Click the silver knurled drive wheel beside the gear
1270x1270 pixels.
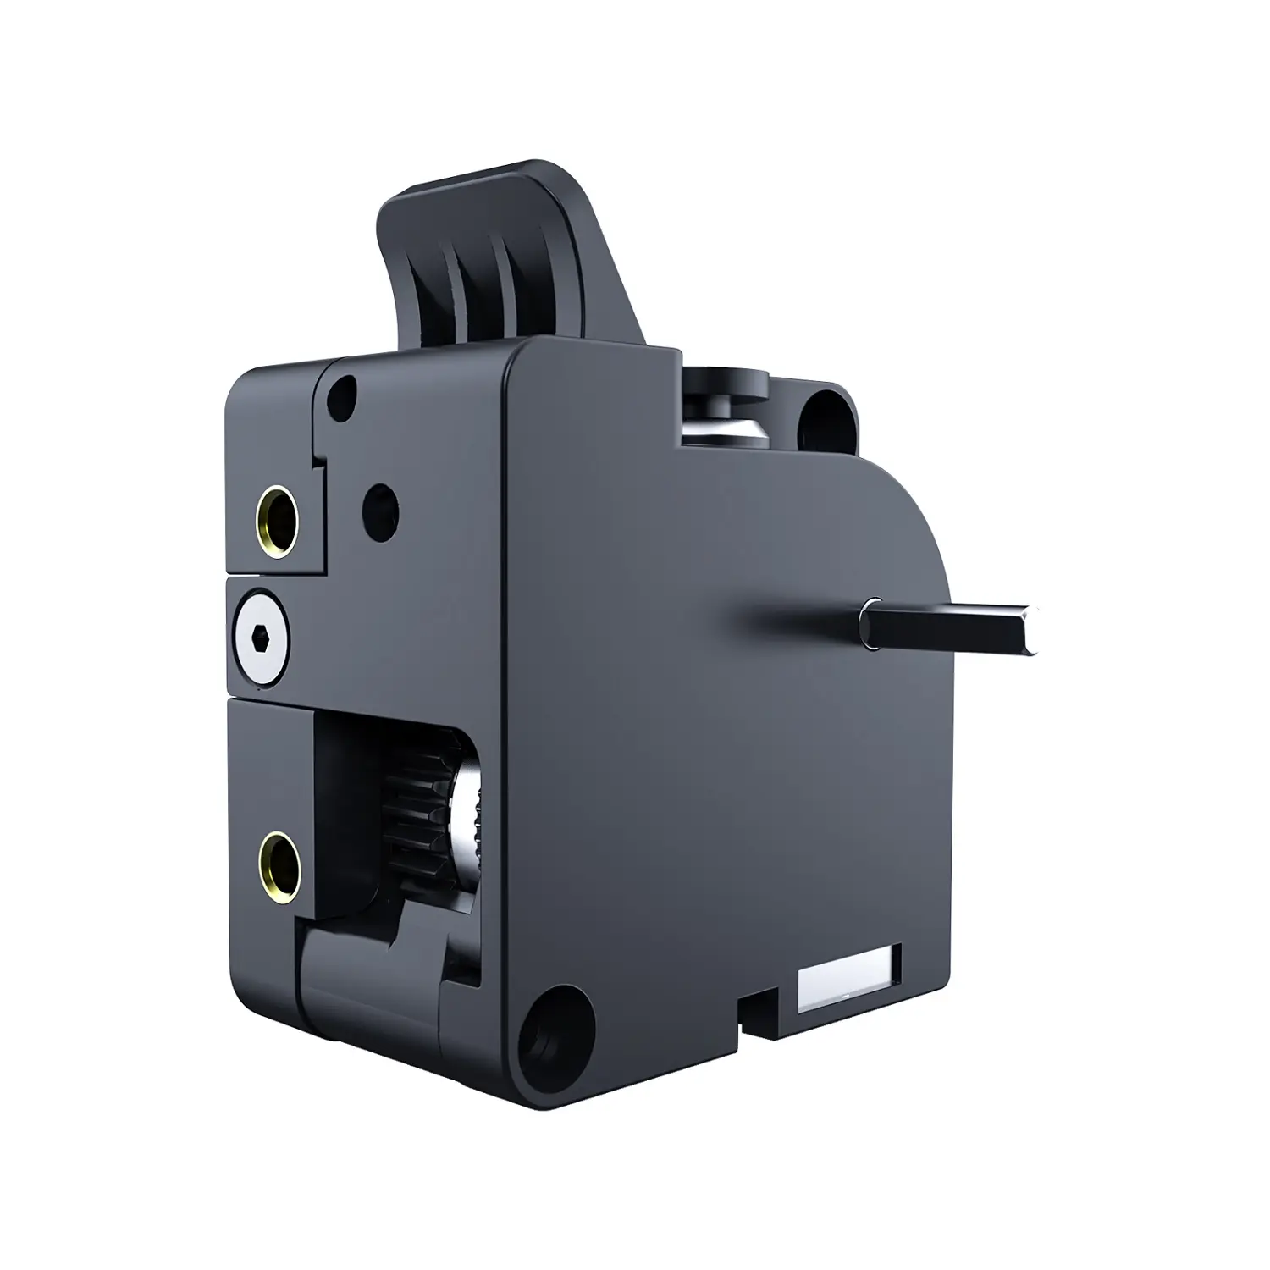pyautogui.click(x=467, y=809)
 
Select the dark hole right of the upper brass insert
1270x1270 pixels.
pyautogui.click(x=379, y=505)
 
